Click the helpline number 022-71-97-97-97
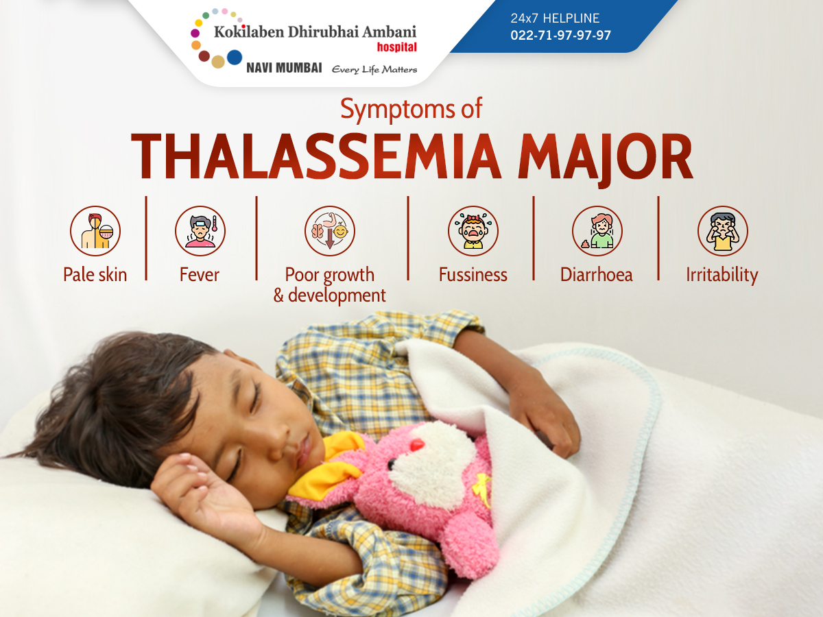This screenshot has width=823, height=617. coord(560,35)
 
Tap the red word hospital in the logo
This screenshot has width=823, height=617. coord(396,47)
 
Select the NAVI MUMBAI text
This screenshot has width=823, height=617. coord(284,68)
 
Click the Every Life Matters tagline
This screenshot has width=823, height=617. coord(374,70)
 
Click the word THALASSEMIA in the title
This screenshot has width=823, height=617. coord(316,156)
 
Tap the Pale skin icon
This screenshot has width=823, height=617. coord(95,231)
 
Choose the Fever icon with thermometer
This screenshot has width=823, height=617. coord(200,231)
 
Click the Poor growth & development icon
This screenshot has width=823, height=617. coord(330,231)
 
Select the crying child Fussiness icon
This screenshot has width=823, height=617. coord(473,231)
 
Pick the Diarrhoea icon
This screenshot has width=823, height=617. coord(597,231)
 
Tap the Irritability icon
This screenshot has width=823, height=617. coord(723,231)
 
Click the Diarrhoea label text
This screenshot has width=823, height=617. coord(597,275)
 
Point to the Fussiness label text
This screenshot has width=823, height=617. coord(473,275)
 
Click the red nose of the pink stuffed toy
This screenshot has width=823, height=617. coord(417,445)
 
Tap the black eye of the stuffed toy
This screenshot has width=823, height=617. coord(392,464)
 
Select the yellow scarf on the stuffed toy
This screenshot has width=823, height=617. coord(326,468)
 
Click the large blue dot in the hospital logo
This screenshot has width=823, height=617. coord(235,58)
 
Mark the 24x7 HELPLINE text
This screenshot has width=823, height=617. coord(555,18)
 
